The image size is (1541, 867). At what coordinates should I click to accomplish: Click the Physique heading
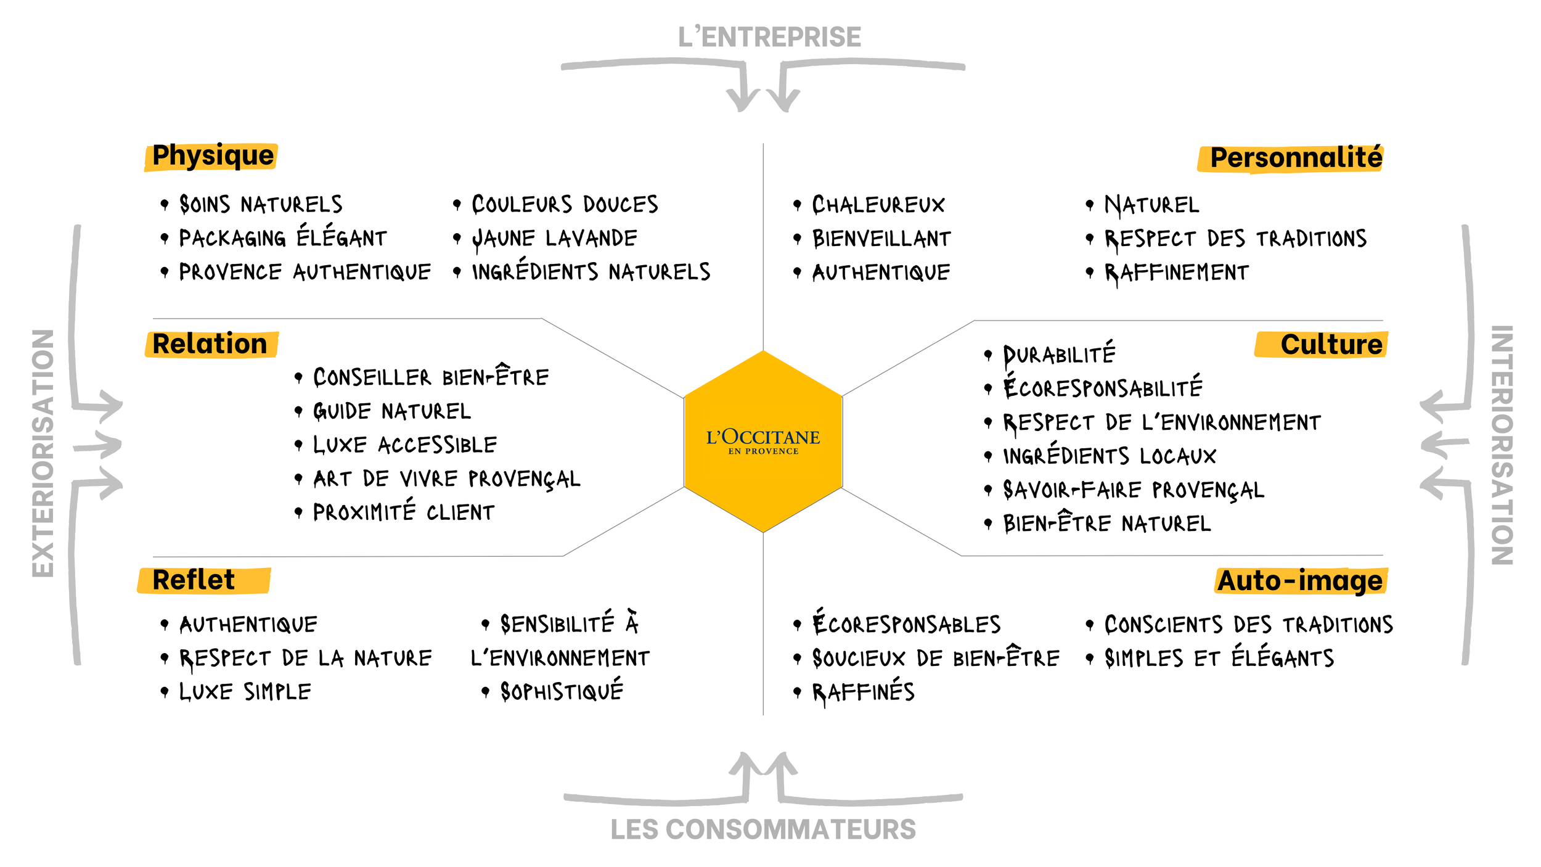tap(213, 156)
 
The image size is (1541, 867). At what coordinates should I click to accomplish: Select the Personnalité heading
tap(1296, 158)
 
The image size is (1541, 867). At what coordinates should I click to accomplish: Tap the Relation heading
tap(210, 344)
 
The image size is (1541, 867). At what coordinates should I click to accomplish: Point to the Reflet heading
tap(194, 580)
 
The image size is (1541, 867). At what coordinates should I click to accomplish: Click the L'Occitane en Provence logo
tap(762, 441)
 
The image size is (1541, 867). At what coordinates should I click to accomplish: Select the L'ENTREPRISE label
tap(769, 38)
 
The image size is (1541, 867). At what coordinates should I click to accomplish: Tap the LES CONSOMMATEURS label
tap(763, 829)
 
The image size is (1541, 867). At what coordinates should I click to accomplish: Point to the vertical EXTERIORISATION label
tap(43, 453)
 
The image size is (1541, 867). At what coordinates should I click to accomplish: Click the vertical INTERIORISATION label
tap(1502, 445)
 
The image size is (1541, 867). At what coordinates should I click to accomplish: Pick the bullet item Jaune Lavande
tap(554, 239)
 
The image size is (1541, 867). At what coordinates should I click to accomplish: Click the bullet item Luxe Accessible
tap(405, 445)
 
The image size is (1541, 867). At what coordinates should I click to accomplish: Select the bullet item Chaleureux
tap(878, 205)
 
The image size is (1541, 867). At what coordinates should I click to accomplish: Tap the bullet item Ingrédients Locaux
tap(1110, 456)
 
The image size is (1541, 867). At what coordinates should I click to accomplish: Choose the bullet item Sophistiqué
tap(562, 692)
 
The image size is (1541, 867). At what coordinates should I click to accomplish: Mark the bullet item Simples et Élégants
tap(1219, 659)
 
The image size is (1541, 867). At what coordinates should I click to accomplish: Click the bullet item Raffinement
tap(1176, 273)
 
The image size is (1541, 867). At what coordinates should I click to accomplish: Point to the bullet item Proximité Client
tap(404, 512)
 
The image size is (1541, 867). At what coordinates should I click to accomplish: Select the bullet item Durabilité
tap(1059, 355)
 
